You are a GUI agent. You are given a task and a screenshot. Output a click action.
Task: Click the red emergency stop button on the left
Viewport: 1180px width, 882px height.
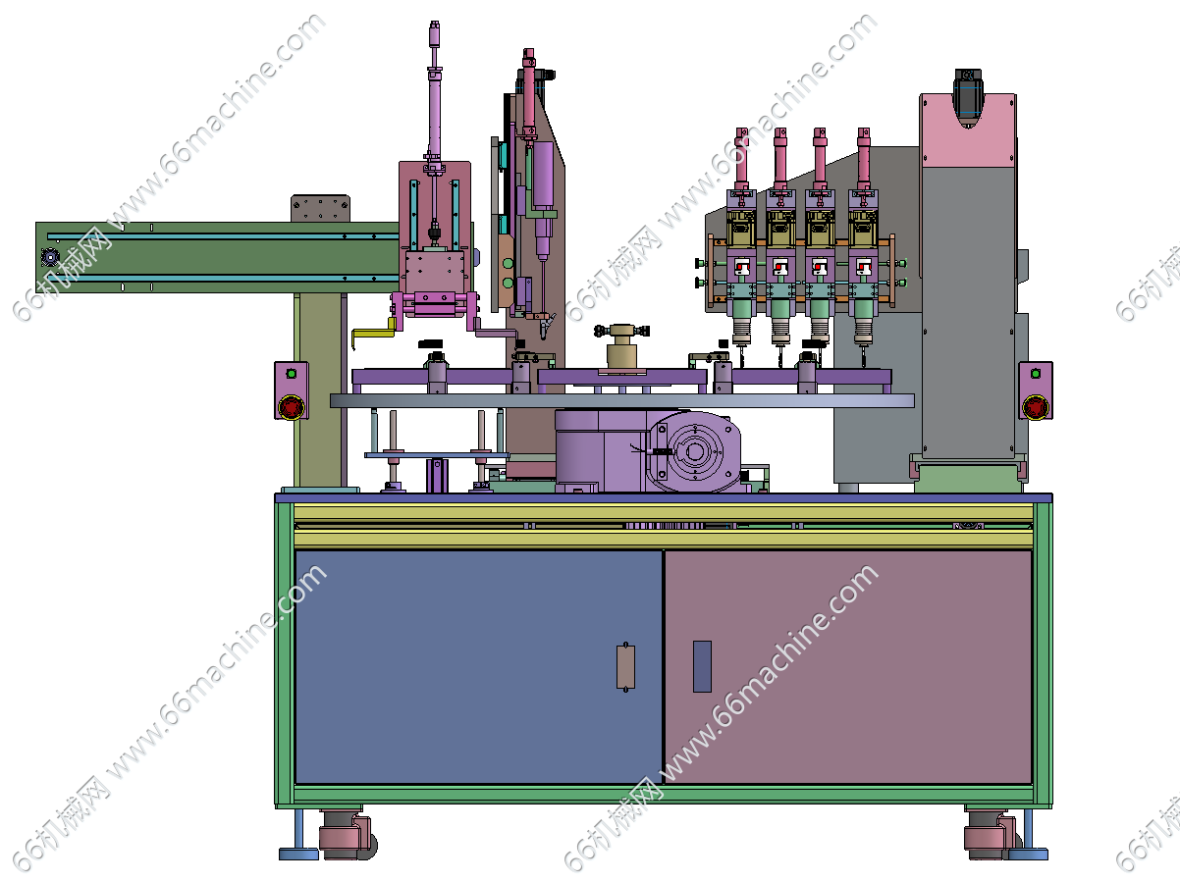(x=292, y=406)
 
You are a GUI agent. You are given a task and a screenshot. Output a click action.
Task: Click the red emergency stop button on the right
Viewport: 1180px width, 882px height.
(x=1035, y=406)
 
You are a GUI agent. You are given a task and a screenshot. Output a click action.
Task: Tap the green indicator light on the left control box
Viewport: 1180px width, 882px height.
(x=291, y=374)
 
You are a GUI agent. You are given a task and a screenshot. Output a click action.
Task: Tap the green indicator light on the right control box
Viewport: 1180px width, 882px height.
(x=1036, y=374)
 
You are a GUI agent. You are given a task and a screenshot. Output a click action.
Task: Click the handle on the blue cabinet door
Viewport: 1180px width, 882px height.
(x=625, y=666)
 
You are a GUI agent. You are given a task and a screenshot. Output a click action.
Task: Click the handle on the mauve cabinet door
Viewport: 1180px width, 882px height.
(x=702, y=666)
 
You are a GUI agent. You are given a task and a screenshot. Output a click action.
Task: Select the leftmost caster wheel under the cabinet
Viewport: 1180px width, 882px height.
(x=348, y=835)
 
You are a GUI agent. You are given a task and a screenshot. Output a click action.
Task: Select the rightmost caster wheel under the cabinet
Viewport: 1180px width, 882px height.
(x=992, y=835)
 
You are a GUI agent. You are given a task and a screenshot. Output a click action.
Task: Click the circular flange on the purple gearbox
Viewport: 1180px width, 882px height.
(x=695, y=451)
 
